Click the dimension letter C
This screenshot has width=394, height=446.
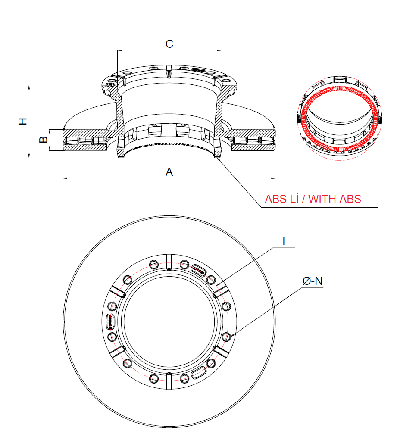[169, 44]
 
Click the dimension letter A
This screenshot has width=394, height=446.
[169, 172]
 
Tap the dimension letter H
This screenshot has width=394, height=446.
[23, 121]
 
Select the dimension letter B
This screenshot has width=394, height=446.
[43, 139]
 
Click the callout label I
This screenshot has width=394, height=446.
[284, 241]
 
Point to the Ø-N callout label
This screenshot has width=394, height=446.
[313, 281]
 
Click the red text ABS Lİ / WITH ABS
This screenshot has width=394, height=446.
[313, 199]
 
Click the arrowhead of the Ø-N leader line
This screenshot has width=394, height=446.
[232, 336]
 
